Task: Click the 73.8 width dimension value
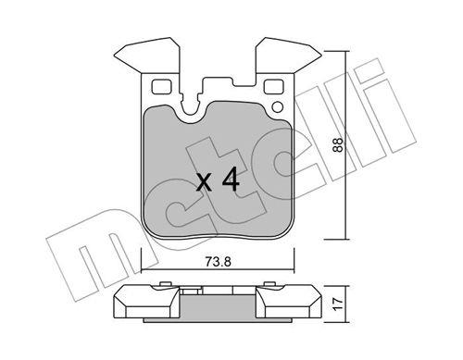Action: click(218, 262)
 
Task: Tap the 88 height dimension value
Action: click(338, 144)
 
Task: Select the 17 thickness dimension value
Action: click(338, 304)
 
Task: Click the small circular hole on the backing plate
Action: click(278, 107)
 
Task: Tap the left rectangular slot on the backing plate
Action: click(161, 86)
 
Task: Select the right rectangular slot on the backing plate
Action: click(274, 86)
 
